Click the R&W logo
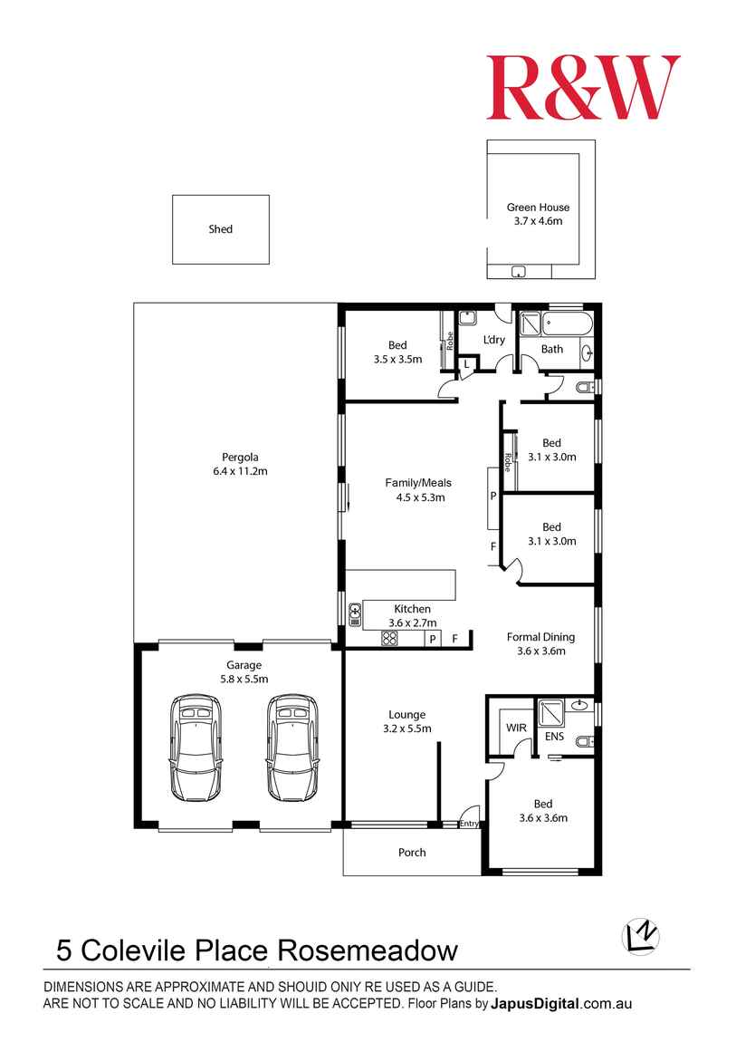pyautogui.click(x=583, y=87)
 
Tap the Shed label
pyautogui.click(x=221, y=229)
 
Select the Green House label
pyautogui.click(x=538, y=207)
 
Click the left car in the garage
pyautogui.click(x=196, y=748)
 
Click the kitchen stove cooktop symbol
pyautogui.click(x=390, y=639)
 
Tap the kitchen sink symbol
pyautogui.click(x=355, y=614)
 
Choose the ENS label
pyautogui.click(x=555, y=737)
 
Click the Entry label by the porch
pyautogui.click(x=469, y=824)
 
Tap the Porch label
pyautogui.click(x=412, y=853)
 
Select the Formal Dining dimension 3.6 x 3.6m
pyautogui.click(x=540, y=651)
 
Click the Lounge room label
pyautogui.click(x=406, y=715)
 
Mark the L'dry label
pyautogui.click(x=493, y=340)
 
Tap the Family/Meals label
pyautogui.click(x=418, y=483)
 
